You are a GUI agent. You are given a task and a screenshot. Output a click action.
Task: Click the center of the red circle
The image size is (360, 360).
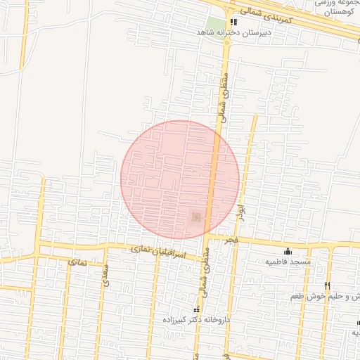point(180,180)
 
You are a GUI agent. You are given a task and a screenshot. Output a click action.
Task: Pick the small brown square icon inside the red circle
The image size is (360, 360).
point(197,217)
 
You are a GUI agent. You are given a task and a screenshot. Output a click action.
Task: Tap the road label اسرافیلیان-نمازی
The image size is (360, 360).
point(158,251)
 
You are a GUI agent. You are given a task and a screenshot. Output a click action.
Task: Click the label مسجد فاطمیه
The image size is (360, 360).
point(288,262)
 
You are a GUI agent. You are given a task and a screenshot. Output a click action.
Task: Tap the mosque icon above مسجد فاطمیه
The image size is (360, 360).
point(287,251)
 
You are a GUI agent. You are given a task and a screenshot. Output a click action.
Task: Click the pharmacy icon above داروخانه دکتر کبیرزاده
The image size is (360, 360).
point(196,309)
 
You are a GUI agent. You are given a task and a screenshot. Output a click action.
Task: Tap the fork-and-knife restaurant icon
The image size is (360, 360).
point(327,285)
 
